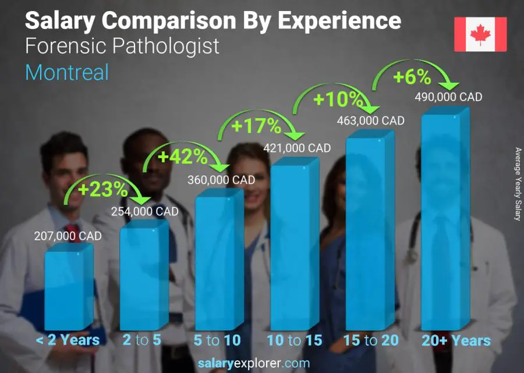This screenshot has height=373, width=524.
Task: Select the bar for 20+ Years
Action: [x=444, y=224]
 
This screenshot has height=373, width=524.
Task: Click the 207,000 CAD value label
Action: [x=68, y=236]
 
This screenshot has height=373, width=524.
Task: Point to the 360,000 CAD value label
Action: [x=221, y=180]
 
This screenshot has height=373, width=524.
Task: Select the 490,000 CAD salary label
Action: [x=448, y=97]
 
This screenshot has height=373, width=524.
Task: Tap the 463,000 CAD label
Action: [x=371, y=120]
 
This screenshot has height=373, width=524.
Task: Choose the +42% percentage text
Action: [x=182, y=156]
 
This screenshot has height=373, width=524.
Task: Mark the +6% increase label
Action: [x=412, y=77]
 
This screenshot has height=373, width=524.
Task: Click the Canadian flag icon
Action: [x=480, y=34]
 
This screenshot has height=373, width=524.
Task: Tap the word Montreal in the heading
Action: [x=67, y=72]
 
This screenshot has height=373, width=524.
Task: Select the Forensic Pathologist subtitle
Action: [x=122, y=45]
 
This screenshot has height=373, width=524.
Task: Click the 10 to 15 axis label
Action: [x=294, y=340]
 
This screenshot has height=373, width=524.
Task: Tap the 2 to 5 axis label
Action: [x=142, y=340]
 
